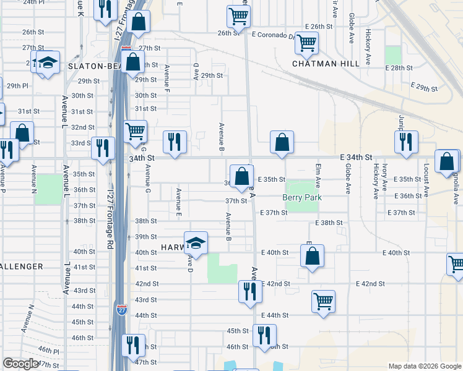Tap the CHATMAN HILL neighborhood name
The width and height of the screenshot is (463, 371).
point(326,64)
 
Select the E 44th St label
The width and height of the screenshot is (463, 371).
point(275,315)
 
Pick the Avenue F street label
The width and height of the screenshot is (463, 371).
point(167,76)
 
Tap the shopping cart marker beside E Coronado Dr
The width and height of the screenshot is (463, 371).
point(306,43)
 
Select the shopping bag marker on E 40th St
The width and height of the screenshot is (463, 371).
point(313,255)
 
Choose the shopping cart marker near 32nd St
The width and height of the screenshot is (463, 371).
point(135,131)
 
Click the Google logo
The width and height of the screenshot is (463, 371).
point(20,364)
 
